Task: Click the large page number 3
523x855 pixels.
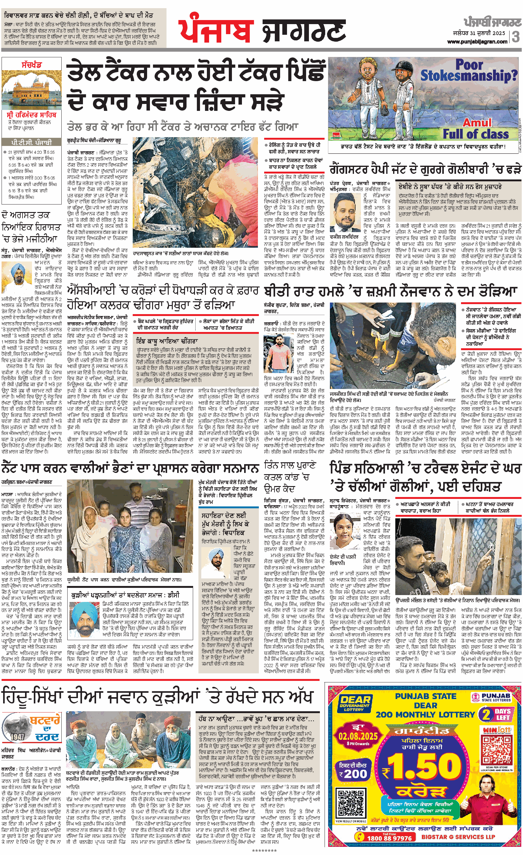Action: click(x=515, y=36)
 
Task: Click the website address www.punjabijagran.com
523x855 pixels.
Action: click(x=477, y=42)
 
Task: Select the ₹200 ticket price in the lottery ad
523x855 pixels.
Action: click(x=353, y=774)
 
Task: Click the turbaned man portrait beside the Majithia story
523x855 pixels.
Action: click(x=16, y=274)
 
